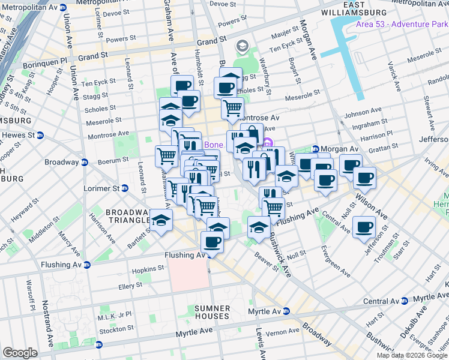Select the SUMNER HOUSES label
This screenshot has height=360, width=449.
tap(212, 312)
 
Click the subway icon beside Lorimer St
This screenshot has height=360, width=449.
tap(125, 188)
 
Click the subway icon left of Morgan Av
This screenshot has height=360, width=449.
tap(316, 149)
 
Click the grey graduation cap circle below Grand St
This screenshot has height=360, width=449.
tap(243, 46)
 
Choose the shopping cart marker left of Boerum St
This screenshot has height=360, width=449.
tap(166, 156)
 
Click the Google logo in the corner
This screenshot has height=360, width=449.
tap(20, 353)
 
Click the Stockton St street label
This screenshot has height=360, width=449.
tap(117, 329)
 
